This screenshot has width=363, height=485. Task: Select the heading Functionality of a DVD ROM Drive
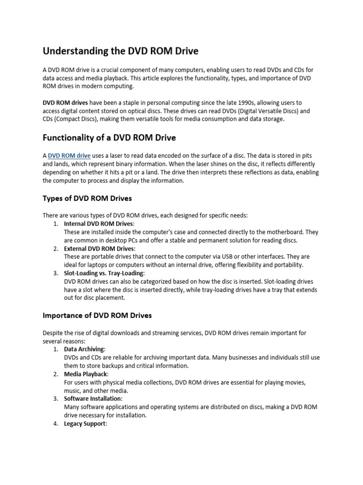pos(109,138)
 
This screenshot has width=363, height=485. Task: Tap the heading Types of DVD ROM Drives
pos(87,198)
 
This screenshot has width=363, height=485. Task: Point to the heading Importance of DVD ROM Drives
pos(97,315)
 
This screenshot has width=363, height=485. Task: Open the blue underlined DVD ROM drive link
pos(69,155)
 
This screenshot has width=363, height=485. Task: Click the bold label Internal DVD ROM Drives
pos(99,224)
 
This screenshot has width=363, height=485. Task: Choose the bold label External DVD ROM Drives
pos(99,249)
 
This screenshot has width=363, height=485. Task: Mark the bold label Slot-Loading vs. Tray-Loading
pos(104,273)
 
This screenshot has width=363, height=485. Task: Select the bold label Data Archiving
pos(84,349)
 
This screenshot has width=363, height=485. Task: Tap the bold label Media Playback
pos(86,374)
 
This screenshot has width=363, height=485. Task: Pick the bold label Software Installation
pos(93,399)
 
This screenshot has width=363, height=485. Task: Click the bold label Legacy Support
pos(85,424)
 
